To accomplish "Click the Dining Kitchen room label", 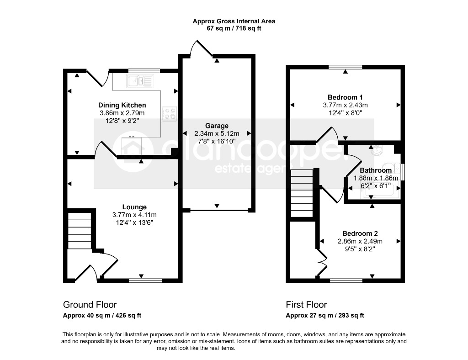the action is (x=122, y=105).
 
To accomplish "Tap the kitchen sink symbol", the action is (x=140, y=81).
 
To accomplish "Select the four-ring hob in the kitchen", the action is (x=169, y=114).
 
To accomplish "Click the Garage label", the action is (x=217, y=126).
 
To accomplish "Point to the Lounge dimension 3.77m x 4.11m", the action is (x=135, y=215).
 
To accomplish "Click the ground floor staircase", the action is (x=80, y=230).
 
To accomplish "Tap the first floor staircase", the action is (x=302, y=193).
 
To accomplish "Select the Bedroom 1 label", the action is (x=346, y=97).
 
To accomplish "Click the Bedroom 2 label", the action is (x=360, y=233).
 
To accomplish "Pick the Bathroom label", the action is (x=376, y=170).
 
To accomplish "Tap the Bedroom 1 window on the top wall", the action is (x=346, y=67).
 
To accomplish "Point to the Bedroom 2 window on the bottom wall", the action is (x=346, y=281).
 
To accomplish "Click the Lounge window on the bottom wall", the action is (x=145, y=281).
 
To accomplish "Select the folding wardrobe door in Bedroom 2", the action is (x=322, y=262).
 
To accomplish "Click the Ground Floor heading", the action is (x=90, y=305).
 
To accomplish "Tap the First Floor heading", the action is (x=307, y=305).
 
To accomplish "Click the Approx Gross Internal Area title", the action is (x=234, y=21).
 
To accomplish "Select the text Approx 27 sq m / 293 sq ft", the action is (x=325, y=315).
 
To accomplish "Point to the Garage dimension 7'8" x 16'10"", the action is (x=217, y=141).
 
